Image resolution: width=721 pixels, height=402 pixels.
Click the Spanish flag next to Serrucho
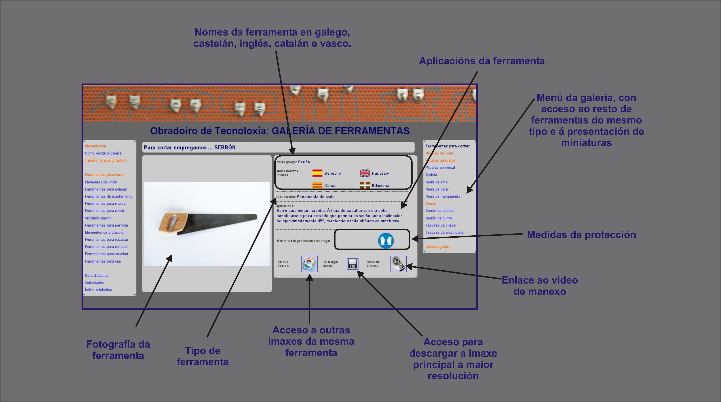[317, 173]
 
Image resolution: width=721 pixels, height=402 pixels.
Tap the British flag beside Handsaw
[365, 173]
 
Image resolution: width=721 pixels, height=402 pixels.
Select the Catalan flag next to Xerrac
[317, 185]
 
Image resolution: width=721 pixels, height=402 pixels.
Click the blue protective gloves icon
[386, 240]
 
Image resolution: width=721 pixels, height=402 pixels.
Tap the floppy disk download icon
[352, 264]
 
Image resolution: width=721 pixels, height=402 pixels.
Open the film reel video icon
[398, 264]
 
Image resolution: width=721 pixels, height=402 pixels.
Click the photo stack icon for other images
[309, 264]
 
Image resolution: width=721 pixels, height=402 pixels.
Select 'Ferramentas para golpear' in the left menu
[106, 189]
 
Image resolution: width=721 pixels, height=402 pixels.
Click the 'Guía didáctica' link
[97, 275]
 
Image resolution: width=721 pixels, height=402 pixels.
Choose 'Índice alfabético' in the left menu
[98, 290]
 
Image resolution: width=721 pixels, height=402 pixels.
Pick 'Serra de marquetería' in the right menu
[443, 196]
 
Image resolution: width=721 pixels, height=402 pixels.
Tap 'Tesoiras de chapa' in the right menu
[441, 225]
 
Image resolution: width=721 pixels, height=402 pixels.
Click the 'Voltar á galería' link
[438, 247]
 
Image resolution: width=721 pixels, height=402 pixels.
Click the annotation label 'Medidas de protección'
[581, 235]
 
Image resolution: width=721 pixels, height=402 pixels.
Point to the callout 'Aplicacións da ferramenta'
[482, 61]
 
